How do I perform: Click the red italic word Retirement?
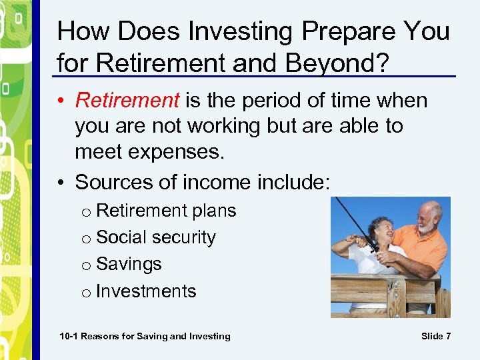(127, 101)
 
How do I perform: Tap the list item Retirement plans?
(166, 211)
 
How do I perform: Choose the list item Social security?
(156, 237)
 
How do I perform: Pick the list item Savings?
(129, 264)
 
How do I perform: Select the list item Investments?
(146, 291)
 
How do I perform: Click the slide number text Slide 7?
(436, 336)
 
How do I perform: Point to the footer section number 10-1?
(68, 336)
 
